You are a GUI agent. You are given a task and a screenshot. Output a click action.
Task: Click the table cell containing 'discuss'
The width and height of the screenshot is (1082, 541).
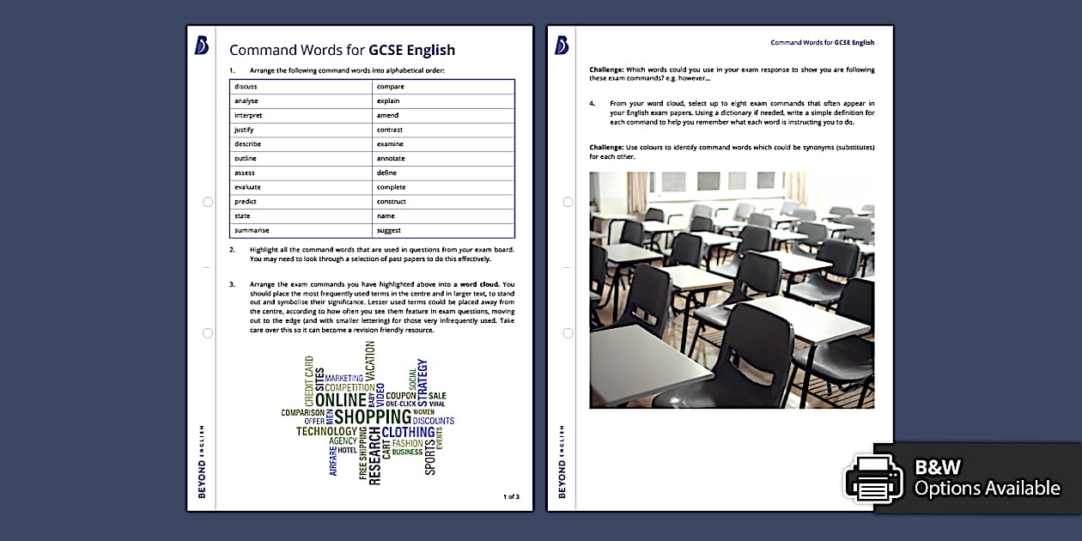click(301, 87)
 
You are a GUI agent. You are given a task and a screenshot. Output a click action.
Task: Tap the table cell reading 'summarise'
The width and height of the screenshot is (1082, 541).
click(301, 231)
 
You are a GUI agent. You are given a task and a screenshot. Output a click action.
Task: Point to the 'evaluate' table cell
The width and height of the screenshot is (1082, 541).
click(301, 187)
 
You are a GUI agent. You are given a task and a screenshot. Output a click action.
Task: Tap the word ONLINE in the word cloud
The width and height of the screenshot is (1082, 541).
click(340, 400)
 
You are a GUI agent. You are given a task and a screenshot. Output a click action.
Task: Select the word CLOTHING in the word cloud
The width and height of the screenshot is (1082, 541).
click(408, 432)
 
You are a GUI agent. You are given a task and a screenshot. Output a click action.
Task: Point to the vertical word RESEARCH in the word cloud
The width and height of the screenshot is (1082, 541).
click(374, 457)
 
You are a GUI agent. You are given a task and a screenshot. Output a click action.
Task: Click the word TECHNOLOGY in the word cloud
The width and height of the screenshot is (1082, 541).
click(326, 432)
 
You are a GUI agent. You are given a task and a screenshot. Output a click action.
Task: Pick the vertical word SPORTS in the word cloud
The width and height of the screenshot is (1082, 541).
click(430, 456)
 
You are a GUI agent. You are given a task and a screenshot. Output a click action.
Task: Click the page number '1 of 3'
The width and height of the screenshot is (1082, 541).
click(511, 496)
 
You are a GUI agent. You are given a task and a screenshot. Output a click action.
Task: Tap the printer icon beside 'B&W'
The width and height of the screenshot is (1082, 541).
click(874, 478)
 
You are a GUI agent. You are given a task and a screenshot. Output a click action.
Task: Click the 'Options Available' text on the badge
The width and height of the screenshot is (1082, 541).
click(987, 489)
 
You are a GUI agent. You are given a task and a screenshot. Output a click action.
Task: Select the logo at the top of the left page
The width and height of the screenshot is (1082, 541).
click(201, 46)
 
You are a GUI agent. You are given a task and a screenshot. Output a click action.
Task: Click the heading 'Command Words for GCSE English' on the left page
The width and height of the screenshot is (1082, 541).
click(342, 50)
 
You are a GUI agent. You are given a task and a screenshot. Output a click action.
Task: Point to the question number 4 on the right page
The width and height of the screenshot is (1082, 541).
click(592, 104)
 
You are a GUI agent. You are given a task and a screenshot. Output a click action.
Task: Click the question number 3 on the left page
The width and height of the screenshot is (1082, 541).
click(232, 284)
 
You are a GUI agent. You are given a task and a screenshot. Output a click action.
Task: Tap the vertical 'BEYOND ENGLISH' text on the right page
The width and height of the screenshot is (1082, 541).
click(562, 461)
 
